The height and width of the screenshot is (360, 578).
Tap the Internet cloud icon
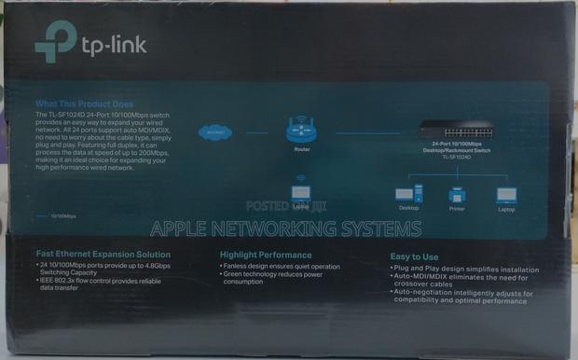pyautogui.click(x=217, y=132)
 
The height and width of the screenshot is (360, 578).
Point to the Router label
pyautogui.click(x=301, y=149)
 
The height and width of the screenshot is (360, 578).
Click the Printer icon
pyautogui.click(x=457, y=195)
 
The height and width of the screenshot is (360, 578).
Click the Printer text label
pyautogui.click(x=457, y=209)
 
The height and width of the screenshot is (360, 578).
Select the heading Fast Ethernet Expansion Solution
pyautogui.click(x=103, y=254)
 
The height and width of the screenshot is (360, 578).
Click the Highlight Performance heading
pyautogui.click(x=267, y=254)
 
